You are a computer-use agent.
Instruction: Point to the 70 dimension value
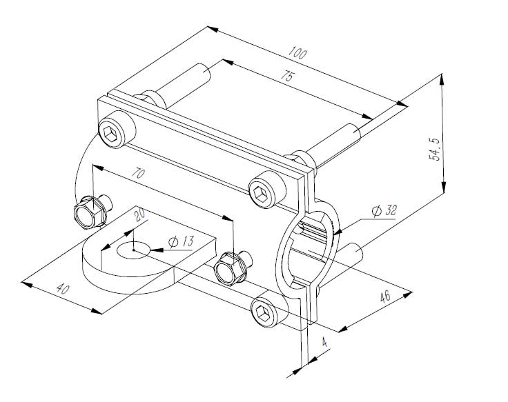tap(139, 174)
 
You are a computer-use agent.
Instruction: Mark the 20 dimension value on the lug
tap(139, 216)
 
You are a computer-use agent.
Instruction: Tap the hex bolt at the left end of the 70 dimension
tap(90, 214)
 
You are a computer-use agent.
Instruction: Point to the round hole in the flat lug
tap(133, 250)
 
